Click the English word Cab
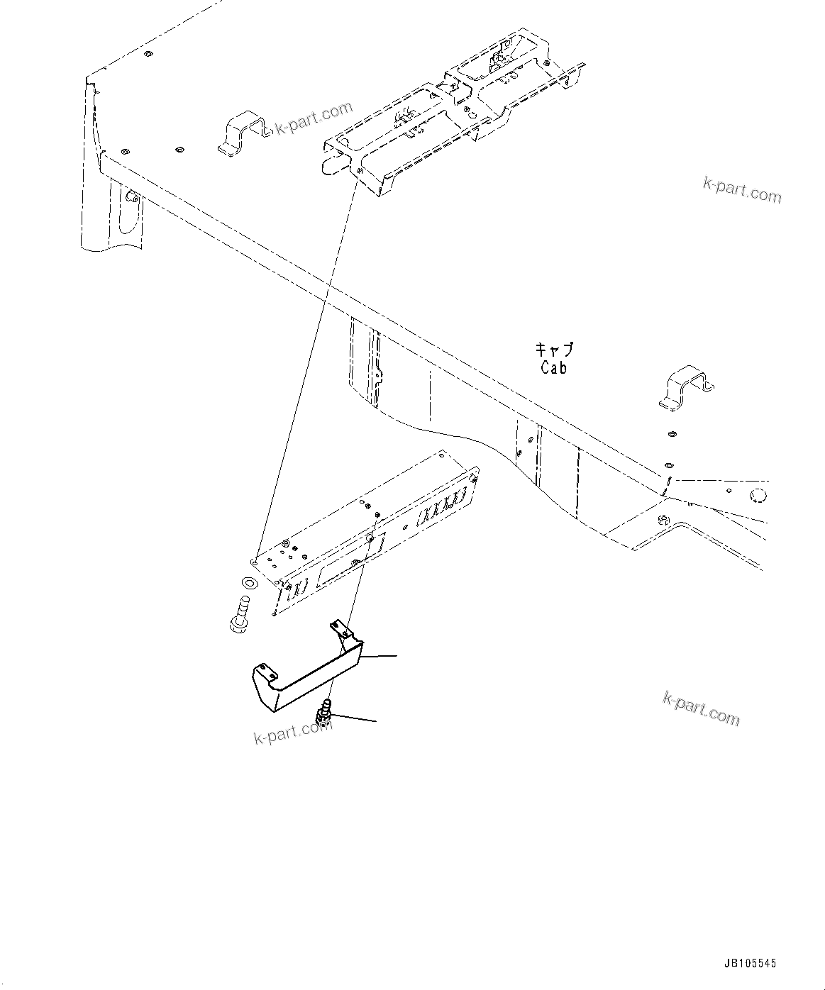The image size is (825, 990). pos(553,368)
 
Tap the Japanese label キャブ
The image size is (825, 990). pos(553,350)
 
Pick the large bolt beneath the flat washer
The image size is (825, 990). pos(239,614)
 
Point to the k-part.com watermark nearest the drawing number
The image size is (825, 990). pos(701,708)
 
